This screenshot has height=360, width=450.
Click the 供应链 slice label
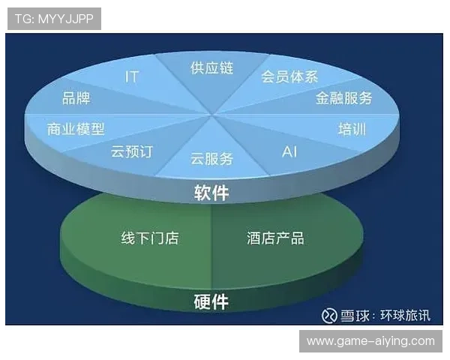pyautogui.click(x=212, y=68)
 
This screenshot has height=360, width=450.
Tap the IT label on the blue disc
pyautogui.click(x=131, y=76)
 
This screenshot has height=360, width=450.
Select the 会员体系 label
pyautogui.click(x=289, y=76)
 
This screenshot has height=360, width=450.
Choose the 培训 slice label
pyautogui.click(x=352, y=128)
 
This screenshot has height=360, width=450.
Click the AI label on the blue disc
pyautogui.click(x=289, y=151)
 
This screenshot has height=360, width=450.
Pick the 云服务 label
pyautogui.click(x=212, y=158)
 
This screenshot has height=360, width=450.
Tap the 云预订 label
pyautogui.click(x=131, y=151)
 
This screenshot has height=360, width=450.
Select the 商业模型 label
pyautogui.click(x=76, y=128)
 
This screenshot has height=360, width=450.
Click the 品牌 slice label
pyautogui.click(x=77, y=97)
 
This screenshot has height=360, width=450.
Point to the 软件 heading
pyautogui.click(x=211, y=193)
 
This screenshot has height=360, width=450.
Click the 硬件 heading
pyautogui.click(x=211, y=302)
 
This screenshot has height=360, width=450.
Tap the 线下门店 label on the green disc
pyautogui.click(x=150, y=238)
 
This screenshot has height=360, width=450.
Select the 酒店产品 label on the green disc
pyautogui.click(x=275, y=238)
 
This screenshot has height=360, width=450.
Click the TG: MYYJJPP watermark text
pyautogui.click(x=54, y=19)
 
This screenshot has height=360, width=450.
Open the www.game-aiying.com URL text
pyautogui.click(x=370, y=341)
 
